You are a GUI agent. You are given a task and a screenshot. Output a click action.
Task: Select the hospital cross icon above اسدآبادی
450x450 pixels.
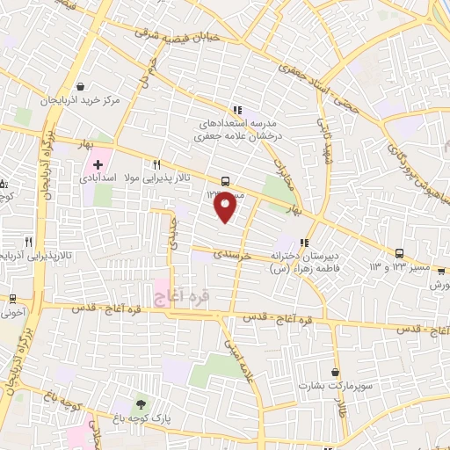pos(98,163)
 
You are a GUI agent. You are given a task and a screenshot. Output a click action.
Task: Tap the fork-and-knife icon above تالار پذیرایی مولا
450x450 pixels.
pos(157,163)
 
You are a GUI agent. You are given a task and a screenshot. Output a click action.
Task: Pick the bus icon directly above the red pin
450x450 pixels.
pos(227,181)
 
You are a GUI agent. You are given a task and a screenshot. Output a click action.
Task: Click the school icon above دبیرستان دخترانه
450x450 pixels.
pos(304,243)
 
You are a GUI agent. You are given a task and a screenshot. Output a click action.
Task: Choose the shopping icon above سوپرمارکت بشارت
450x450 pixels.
pos(335,372)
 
